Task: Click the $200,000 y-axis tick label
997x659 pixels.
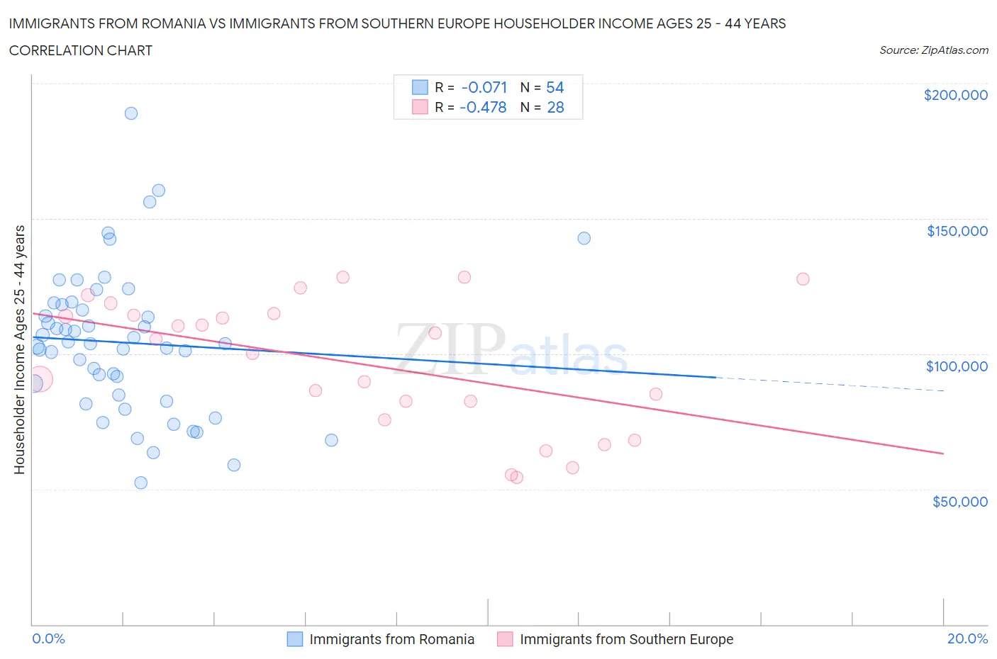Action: (955, 95)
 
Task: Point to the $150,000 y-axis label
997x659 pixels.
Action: (957, 231)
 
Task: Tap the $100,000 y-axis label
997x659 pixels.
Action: (957, 366)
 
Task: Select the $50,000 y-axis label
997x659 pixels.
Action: (959, 502)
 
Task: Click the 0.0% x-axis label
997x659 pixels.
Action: (48, 638)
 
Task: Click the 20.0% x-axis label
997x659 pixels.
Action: (967, 638)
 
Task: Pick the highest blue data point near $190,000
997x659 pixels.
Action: (131, 113)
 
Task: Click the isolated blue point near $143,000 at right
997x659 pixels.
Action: (584, 238)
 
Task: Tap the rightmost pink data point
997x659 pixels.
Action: (803, 279)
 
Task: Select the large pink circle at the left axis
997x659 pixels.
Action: (39, 380)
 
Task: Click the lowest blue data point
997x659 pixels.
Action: (141, 483)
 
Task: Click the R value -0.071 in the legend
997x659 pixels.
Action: (484, 87)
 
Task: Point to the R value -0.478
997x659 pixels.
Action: (483, 107)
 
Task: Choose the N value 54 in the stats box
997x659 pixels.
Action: (555, 87)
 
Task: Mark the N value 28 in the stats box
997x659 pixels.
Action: (555, 107)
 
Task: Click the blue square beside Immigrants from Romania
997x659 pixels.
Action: (295, 639)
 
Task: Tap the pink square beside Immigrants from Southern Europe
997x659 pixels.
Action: (505, 639)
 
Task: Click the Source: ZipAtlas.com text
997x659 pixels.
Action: (933, 50)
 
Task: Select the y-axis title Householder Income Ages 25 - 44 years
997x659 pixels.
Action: (19, 349)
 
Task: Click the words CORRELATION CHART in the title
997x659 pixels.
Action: (81, 50)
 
